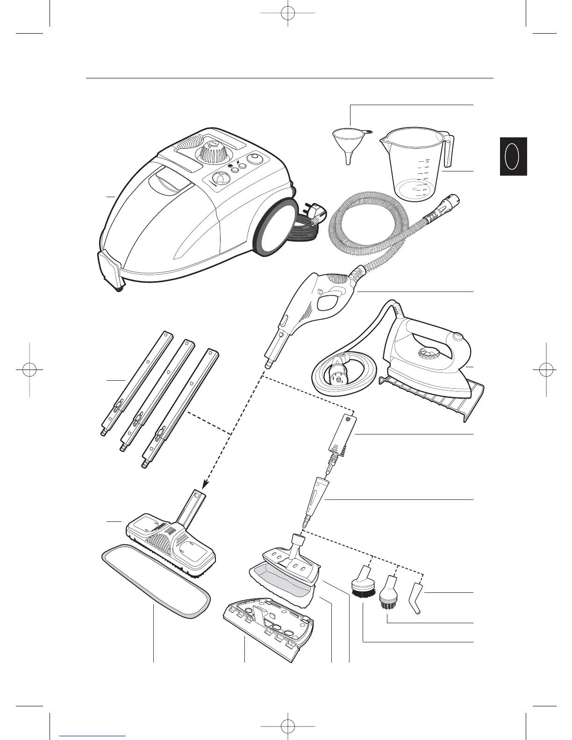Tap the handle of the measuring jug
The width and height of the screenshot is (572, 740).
tap(448, 149)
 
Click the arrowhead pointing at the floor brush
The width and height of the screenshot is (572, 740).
tap(204, 486)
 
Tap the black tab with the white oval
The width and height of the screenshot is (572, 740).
tap(513, 156)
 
